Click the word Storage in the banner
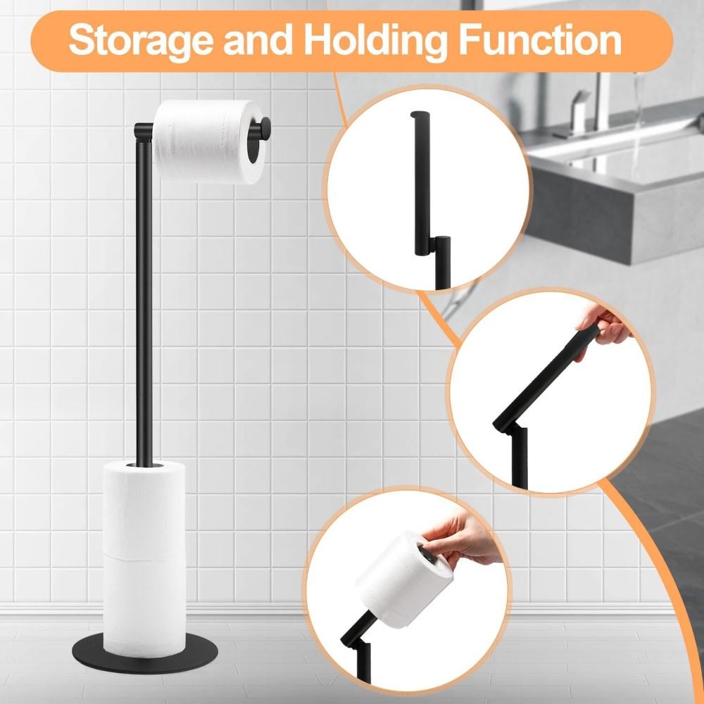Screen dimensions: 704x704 pyautogui.click(x=141, y=41)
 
